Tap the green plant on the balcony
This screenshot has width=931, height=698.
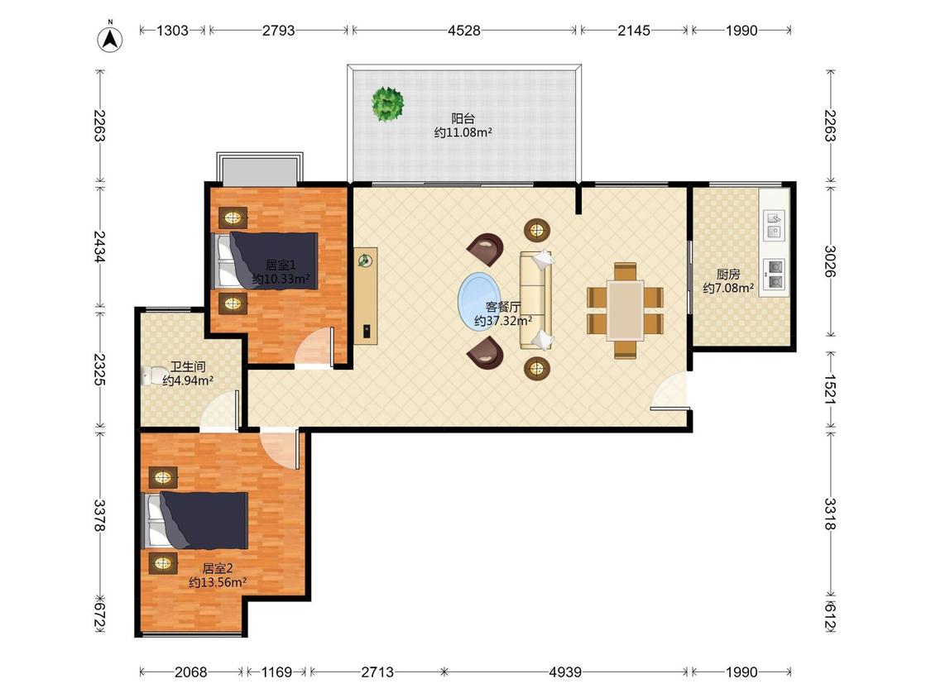tap(388, 104)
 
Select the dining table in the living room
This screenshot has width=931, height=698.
tap(625, 310)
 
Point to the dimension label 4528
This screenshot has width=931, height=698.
tap(463, 31)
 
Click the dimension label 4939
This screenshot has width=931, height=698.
tap(564, 672)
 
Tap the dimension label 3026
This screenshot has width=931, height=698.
tap(829, 261)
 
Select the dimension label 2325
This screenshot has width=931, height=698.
tap(100, 369)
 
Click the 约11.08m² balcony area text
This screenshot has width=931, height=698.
tap(463, 132)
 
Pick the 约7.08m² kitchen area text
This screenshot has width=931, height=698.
tap(728, 288)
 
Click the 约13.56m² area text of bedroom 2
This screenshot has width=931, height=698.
tap(218, 582)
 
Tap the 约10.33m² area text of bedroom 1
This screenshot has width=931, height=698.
tap(281, 279)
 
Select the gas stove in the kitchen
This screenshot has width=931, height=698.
tap(775, 275)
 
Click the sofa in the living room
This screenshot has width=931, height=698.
tap(537, 299)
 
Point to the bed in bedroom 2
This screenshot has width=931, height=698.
tap(195, 520)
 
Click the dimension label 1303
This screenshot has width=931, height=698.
tap(172, 31)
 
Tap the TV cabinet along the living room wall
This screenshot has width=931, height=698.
tap(366, 295)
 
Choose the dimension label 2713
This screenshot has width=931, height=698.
tap(377, 672)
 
